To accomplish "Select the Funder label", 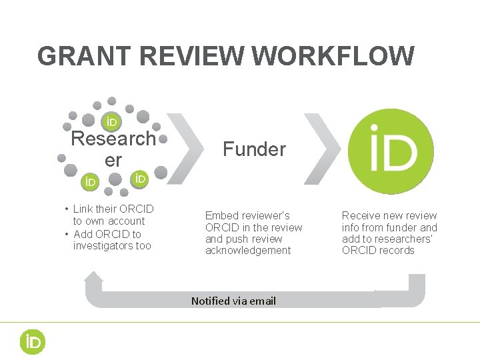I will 254,149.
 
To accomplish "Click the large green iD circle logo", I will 391,151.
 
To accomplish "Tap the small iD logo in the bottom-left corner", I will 31,342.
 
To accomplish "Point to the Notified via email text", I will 233,301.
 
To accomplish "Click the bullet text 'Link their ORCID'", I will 113,209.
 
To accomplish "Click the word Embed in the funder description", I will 220,216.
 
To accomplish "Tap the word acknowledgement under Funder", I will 248,251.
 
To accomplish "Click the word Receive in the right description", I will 361,216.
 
